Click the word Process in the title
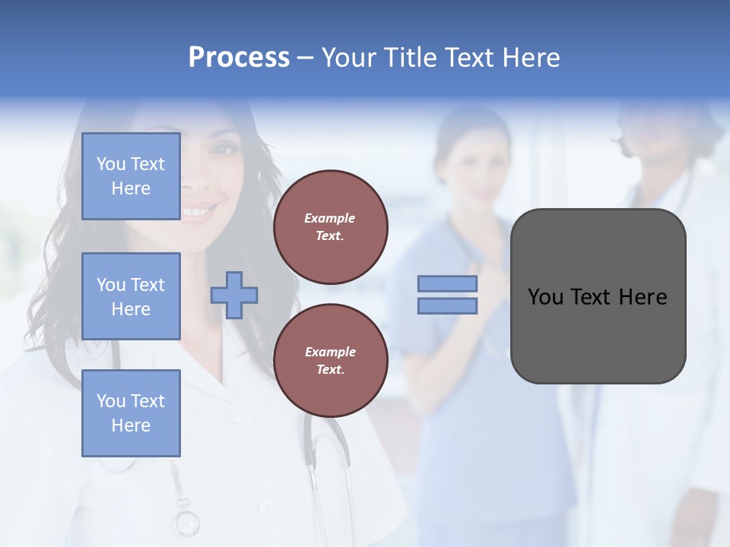[239, 58]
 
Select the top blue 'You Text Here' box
[131, 176]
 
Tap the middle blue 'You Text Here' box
[131, 296]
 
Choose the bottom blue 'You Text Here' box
[131, 413]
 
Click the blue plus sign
[234, 295]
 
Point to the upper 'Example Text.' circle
[331, 227]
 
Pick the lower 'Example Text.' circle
[331, 361]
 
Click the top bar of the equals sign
[448, 283]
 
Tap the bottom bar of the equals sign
[448, 306]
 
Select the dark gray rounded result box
[598, 296]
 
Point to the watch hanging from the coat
[186, 523]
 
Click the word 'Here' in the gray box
[643, 297]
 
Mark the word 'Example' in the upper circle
[329, 218]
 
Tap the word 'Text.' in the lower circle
[330, 370]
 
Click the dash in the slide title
[306, 58]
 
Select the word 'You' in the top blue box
[111, 164]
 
